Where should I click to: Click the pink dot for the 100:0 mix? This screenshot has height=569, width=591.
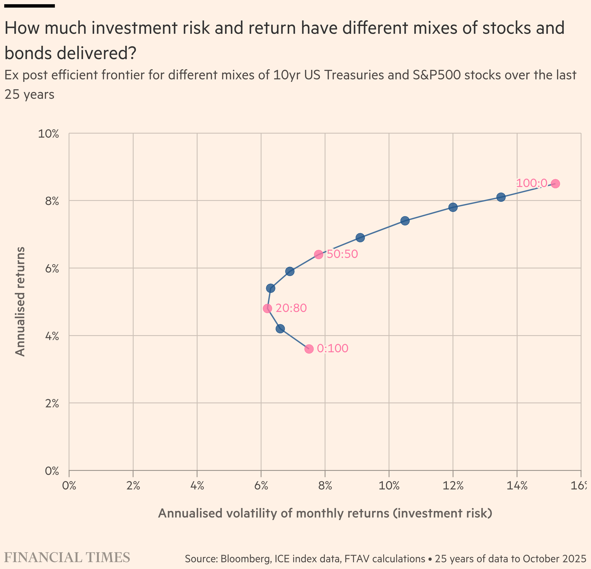click(555, 184)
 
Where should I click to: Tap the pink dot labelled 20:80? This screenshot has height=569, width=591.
click(267, 308)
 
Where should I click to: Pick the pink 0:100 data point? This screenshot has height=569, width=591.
click(309, 349)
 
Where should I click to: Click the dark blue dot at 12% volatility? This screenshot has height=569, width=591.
click(453, 207)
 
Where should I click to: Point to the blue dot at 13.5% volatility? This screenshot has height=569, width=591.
click(501, 197)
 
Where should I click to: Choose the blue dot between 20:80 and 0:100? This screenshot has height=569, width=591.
click(280, 329)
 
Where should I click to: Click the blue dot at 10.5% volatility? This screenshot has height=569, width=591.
click(405, 221)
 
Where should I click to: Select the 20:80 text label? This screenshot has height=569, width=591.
click(291, 308)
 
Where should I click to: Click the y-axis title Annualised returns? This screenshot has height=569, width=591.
click(20, 302)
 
